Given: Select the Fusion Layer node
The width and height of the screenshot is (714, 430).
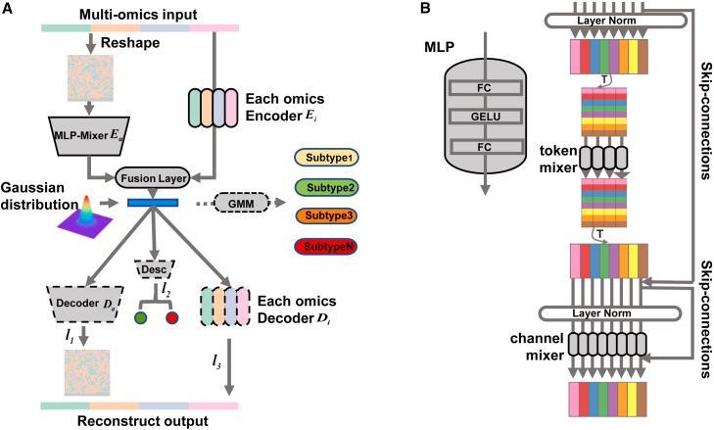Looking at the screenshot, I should tap(152, 178).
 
